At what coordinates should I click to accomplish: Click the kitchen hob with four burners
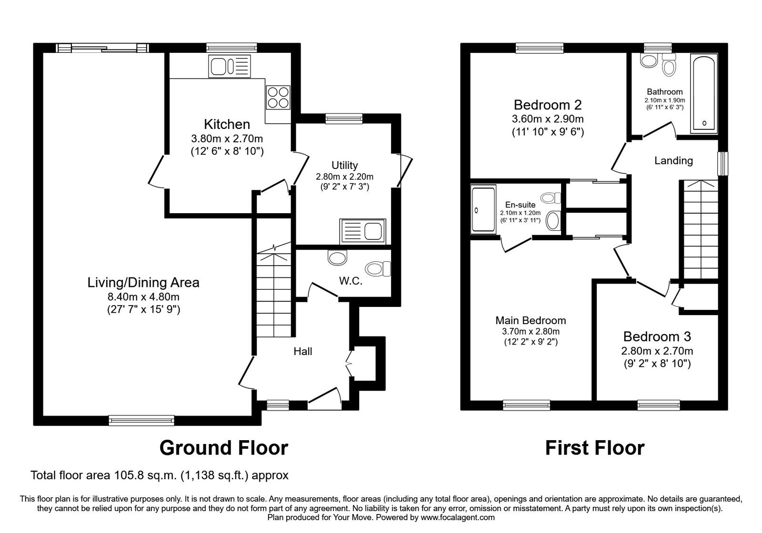[x=278, y=97]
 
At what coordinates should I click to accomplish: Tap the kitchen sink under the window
[x=229, y=67]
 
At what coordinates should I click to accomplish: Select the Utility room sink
[x=362, y=231]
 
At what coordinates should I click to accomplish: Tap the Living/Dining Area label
[x=143, y=283]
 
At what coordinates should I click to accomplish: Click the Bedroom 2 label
[x=548, y=105]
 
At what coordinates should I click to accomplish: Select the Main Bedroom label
[x=531, y=320]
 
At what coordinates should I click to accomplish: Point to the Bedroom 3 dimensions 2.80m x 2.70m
[x=657, y=351]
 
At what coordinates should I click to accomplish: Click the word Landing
[x=673, y=161]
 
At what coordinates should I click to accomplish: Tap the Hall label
[x=303, y=352]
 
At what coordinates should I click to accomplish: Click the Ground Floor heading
[x=223, y=448]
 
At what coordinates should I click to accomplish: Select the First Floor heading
[x=594, y=448]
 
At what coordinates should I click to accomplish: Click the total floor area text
[x=160, y=475]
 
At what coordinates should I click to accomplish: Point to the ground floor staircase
[x=274, y=295]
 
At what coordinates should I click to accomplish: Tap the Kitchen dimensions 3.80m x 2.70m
[x=227, y=139]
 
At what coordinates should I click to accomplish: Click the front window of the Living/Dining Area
[x=141, y=420]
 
